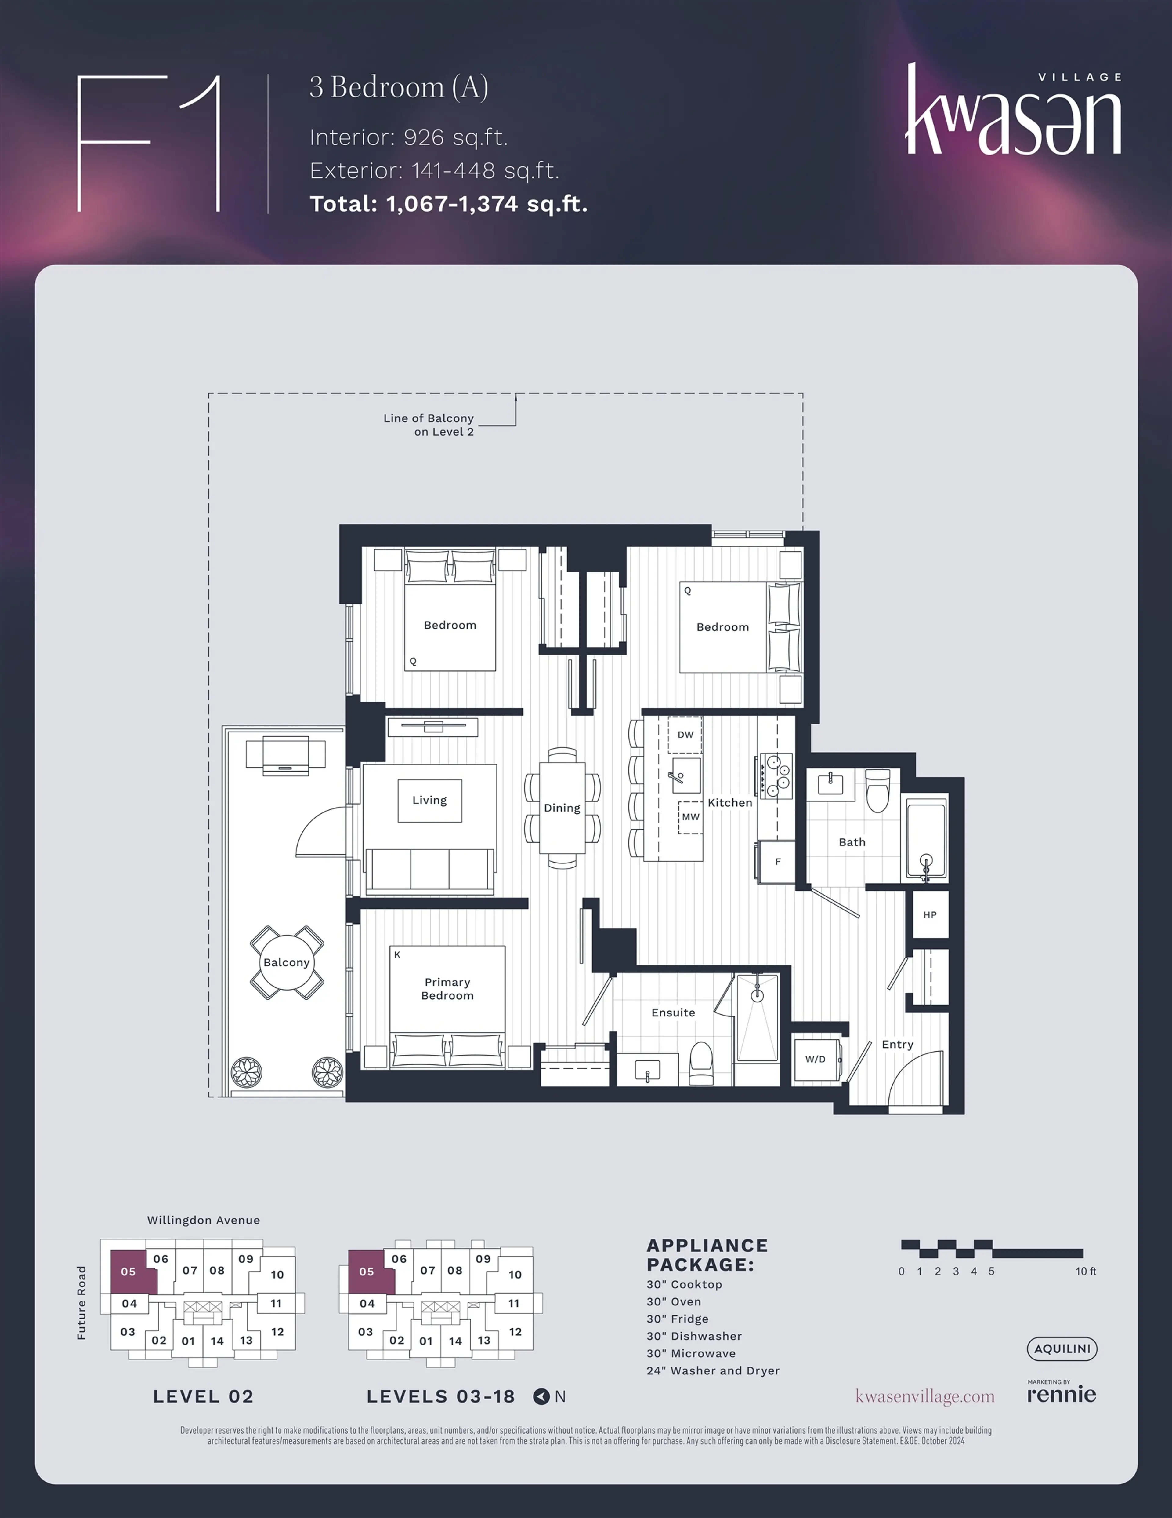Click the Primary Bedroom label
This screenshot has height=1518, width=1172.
click(447, 988)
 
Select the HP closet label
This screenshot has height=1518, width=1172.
click(930, 915)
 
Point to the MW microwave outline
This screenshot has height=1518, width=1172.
click(690, 817)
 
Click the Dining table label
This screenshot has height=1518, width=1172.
click(562, 808)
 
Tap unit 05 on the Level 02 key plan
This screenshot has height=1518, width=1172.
click(128, 1271)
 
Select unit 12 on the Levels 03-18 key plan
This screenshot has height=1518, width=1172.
click(515, 1331)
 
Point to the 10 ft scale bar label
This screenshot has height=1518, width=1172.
click(1086, 1271)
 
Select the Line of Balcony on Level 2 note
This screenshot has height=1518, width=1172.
click(429, 425)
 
